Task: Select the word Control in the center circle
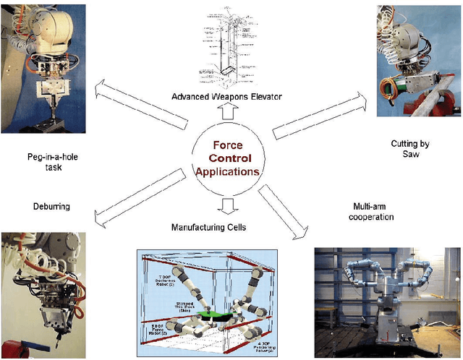pyautogui.click(x=226, y=158)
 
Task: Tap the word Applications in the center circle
pyautogui.click(x=226, y=172)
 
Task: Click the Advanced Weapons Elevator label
pyautogui.click(x=226, y=97)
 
